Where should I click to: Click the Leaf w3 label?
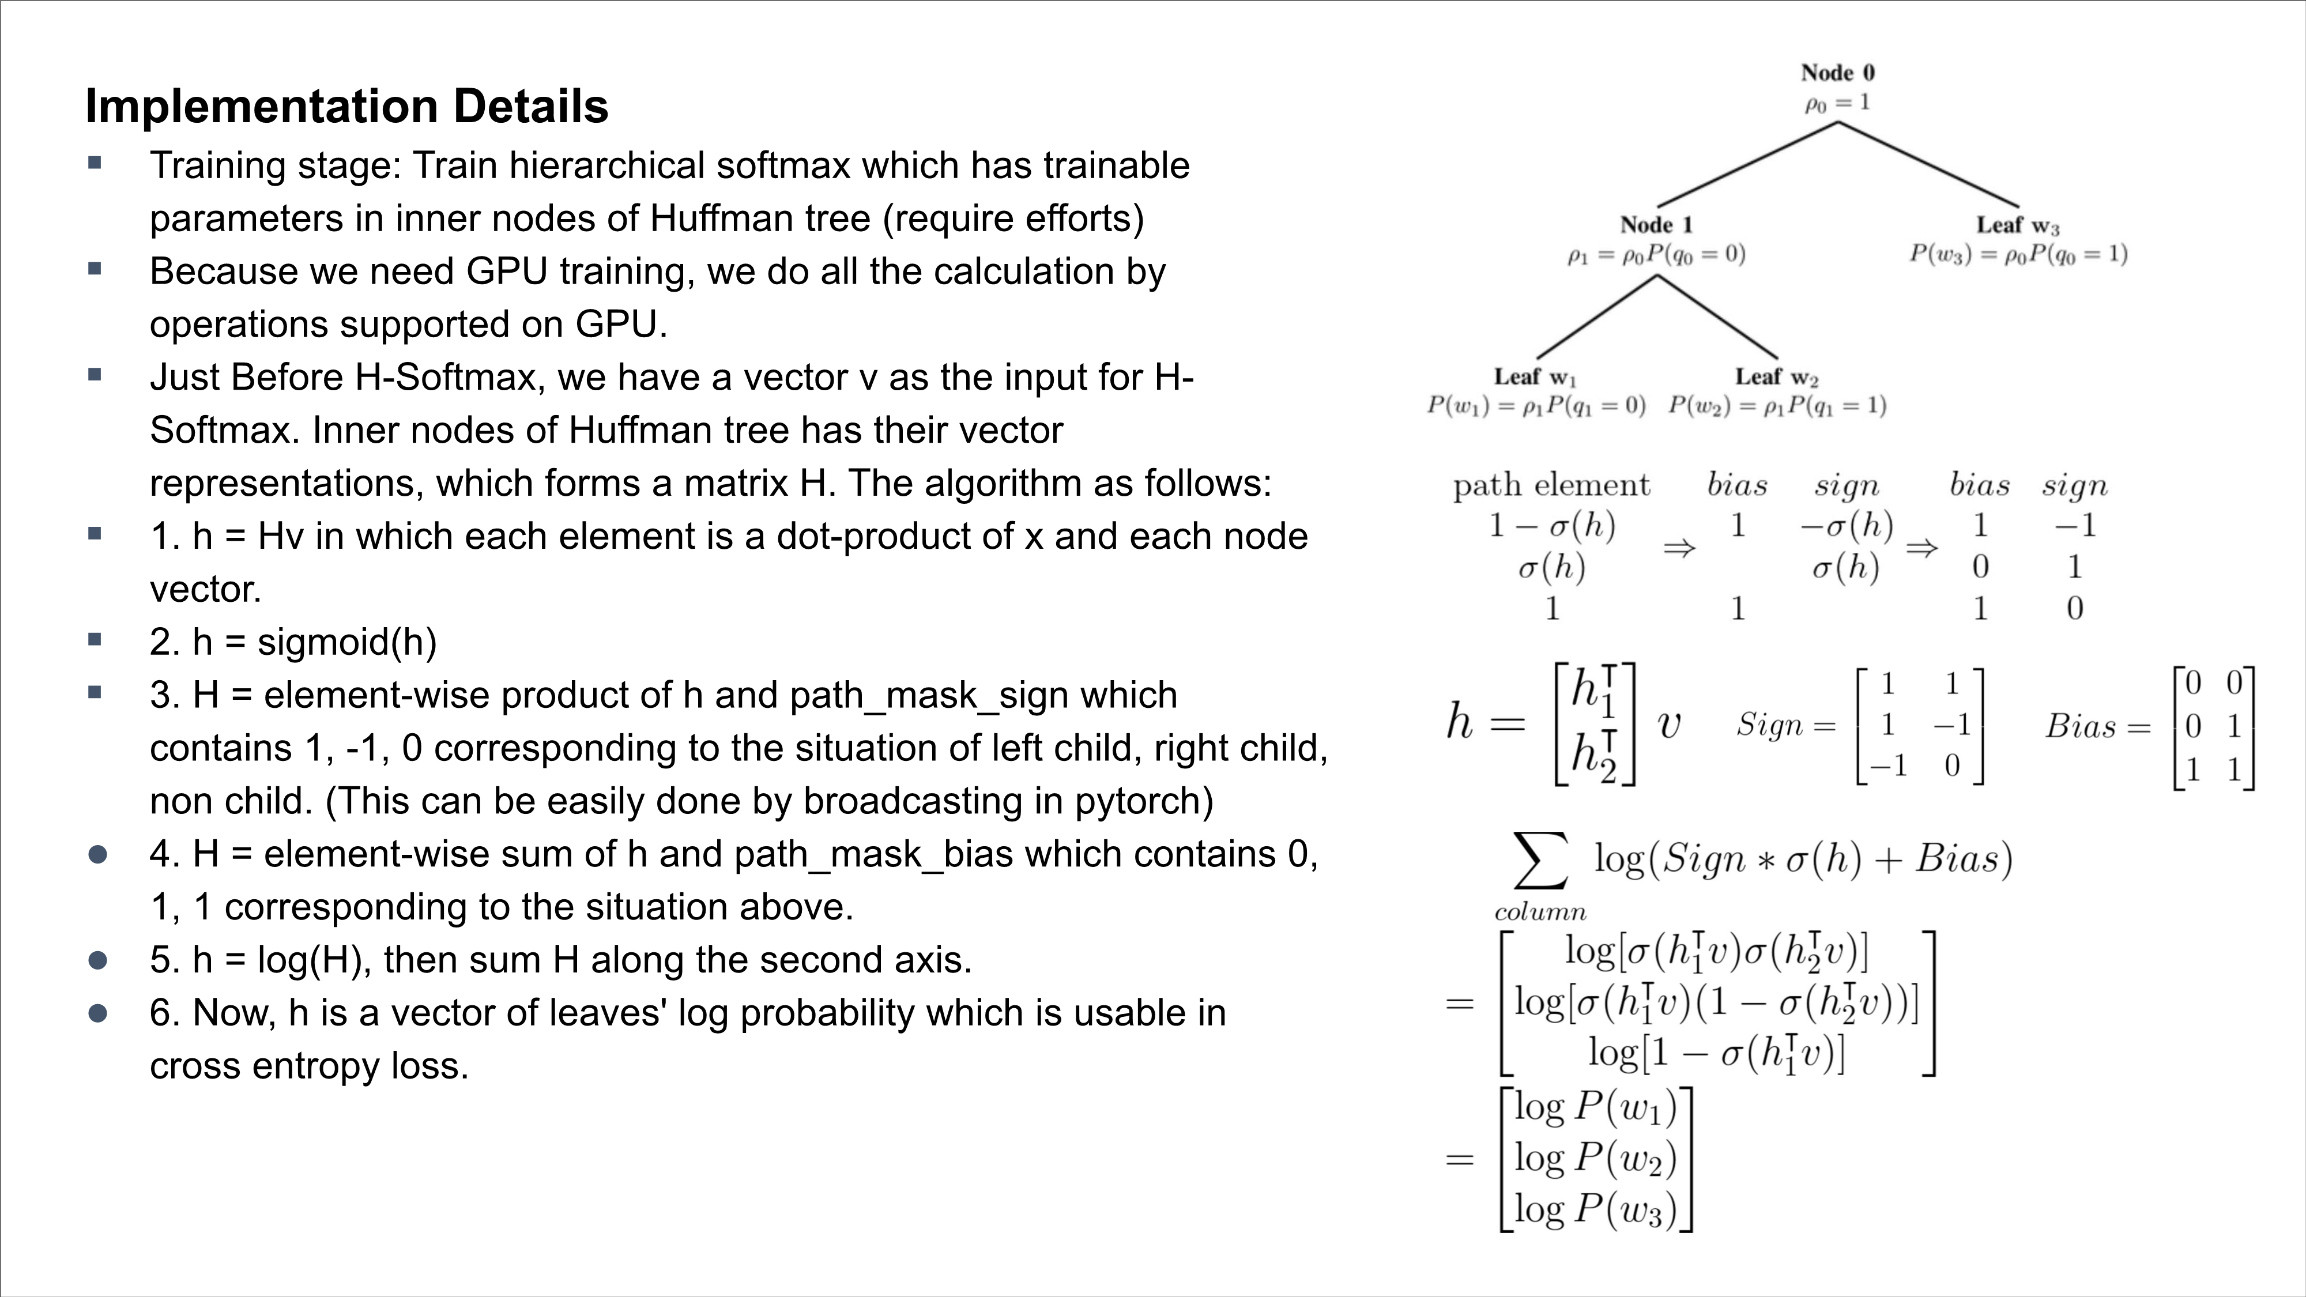[2018, 225]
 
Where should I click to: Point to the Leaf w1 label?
[1534, 377]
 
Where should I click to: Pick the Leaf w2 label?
[1776, 377]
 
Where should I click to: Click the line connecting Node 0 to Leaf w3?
[1929, 165]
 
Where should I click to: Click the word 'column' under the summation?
[1540, 912]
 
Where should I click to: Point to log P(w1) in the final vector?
[1595, 1108]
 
